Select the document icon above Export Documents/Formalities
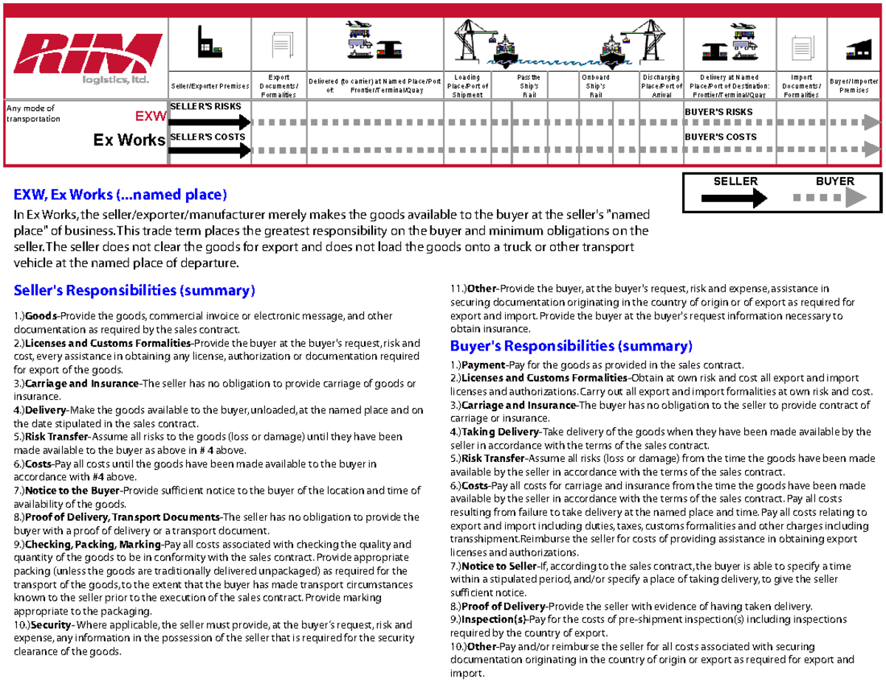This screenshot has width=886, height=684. (278, 46)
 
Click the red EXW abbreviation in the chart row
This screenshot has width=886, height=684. (150, 117)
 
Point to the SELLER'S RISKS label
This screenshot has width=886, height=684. (205, 107)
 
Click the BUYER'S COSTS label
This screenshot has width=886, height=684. (720, 137)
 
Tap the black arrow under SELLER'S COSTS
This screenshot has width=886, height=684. (210, 151)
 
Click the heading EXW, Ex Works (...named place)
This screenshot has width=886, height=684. (120, 196)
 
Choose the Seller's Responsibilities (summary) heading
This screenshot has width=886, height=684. (134, 290)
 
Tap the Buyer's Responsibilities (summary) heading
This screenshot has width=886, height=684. (571, 346)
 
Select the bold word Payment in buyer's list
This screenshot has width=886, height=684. (481, 365)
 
